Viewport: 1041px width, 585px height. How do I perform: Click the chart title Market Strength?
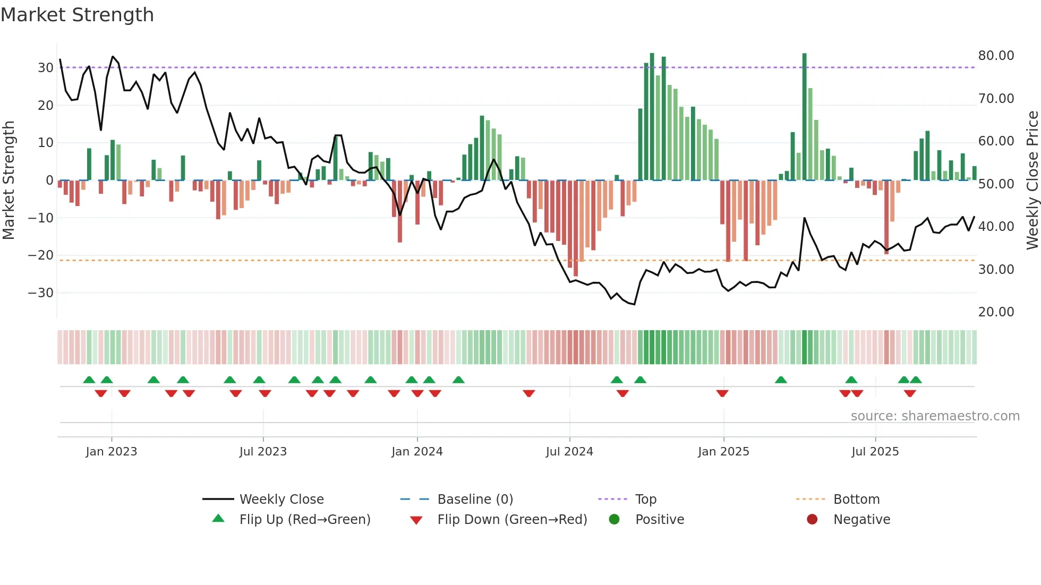(77, 15)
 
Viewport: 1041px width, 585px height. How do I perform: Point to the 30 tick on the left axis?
(46, 68)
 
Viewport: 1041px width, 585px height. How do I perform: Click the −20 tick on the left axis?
(41, 255)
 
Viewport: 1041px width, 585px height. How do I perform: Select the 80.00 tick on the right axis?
(996, 56)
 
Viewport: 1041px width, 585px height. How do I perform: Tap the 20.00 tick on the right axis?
(996, 312)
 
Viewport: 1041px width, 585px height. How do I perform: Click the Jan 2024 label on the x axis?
(417, 452)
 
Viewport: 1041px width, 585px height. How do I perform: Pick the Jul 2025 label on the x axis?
(875, 452)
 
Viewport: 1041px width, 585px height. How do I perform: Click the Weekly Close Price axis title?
(1032, 180)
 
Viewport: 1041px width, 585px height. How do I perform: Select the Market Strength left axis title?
(8, 180)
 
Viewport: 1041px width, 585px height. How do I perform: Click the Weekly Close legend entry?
(281, 500)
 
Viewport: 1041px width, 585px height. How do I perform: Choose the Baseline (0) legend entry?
(475, 500)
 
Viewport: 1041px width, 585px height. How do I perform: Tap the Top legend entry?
(645, 500)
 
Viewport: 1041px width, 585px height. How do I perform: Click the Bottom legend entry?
(856, 500)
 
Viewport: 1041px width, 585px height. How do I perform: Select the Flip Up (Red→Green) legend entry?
(304, 520)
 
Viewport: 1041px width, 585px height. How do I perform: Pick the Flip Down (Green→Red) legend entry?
(512, 520)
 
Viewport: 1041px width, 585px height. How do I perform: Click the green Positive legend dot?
(615, 520)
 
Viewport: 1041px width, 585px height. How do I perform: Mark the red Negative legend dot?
(812, 520)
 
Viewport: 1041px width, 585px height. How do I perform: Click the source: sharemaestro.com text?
(935, 416)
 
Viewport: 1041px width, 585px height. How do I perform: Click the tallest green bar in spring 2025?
(805, 117)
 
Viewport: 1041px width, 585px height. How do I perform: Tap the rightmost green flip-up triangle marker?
(916, 380)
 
